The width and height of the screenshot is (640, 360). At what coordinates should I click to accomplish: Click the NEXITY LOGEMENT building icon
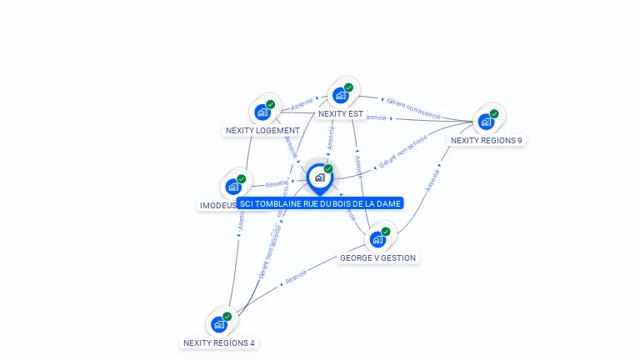(x=262, y=112)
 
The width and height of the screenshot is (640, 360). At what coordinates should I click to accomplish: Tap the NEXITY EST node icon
(x=340, y=95)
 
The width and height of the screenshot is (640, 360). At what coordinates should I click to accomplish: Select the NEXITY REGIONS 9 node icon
(x=486, y=121)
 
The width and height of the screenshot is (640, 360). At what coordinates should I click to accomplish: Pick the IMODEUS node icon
(x=233, y=186)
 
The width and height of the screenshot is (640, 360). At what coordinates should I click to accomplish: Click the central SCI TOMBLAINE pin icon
(x=319, y=177)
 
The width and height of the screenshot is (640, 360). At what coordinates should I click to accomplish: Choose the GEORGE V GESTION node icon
(x=377, y=239)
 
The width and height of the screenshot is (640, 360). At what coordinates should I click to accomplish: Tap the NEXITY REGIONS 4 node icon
(x=219, y=324)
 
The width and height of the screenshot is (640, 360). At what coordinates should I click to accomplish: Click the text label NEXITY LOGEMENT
(x=262, y=131)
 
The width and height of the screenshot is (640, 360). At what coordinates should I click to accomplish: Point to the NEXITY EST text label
(x=341, y=114)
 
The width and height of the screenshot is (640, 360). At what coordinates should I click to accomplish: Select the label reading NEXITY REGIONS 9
(x=487, y=140)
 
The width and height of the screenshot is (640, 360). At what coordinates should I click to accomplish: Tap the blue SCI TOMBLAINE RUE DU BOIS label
(x=320, y=203)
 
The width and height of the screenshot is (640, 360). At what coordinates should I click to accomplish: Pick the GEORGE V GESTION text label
(x=377, y=258)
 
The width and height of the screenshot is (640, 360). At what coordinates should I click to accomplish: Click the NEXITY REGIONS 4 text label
(x=219, y=342)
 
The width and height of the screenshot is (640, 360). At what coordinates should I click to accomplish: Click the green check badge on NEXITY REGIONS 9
(x=494, y=113)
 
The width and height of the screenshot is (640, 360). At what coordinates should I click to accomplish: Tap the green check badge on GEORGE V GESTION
(x=386, y=232)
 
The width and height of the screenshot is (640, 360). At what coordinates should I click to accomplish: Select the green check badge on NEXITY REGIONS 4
(x=227, y=317)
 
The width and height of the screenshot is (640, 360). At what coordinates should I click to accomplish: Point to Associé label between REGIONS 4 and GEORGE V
(x=296, y=277)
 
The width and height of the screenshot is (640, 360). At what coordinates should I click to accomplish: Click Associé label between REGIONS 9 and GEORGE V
(x=432, y=181)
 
